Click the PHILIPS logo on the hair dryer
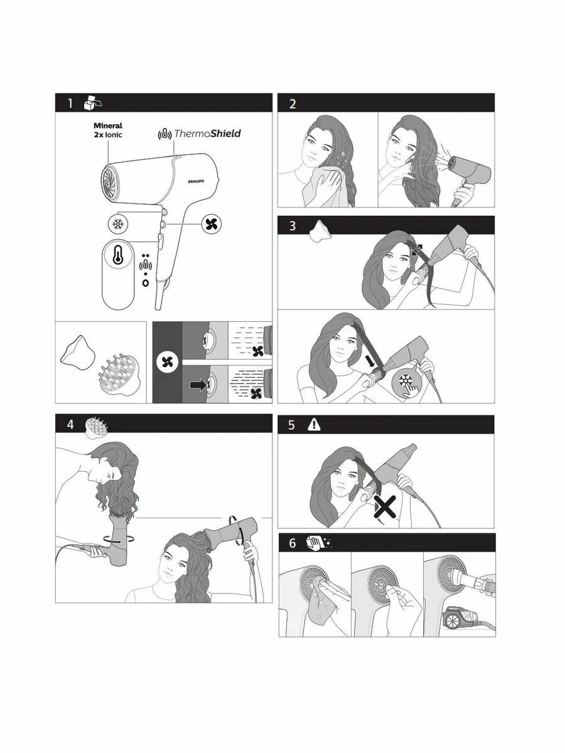tap(196, 181)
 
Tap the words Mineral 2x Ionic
tap(108, 131)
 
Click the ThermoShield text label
tap(207, 134)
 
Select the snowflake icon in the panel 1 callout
tap(117, 225)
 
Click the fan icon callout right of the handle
tap(212, 224)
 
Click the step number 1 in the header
tap(70, 104)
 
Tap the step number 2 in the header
tap(293, 104)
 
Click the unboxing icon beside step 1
tap(93, 103)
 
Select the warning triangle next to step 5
tap(314, 425)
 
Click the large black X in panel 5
tap(385, 506)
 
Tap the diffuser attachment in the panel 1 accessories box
tap(119, 375)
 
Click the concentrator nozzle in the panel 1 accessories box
tap(77, 353)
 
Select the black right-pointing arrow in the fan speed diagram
tap(198, 385)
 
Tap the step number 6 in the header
tap(293, 543)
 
